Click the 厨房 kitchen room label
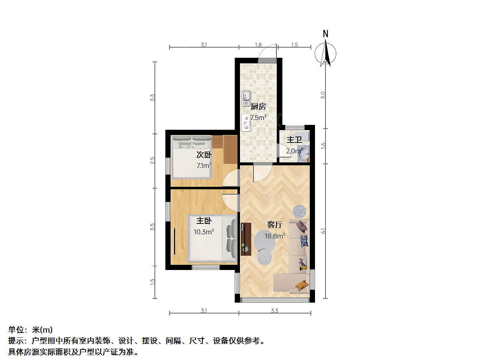pos(258,106)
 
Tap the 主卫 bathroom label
pos(294,139)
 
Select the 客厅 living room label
pos(275,225)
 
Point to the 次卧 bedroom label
pos(204,154)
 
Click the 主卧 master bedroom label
pos(204,220)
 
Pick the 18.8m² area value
pos(275,236)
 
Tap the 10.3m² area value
pos(204,232)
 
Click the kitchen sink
pos(246,99)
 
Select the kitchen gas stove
pos(246,123)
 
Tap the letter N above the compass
pos(325,34)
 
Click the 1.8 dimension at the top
pos(258,45)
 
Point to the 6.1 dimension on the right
pos(323,231)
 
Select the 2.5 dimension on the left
pos(152,160)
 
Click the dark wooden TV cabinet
pos(246,239)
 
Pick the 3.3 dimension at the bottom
pos(274,310)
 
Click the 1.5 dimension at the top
pos(294,45)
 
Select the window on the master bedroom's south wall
pos(206,267)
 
